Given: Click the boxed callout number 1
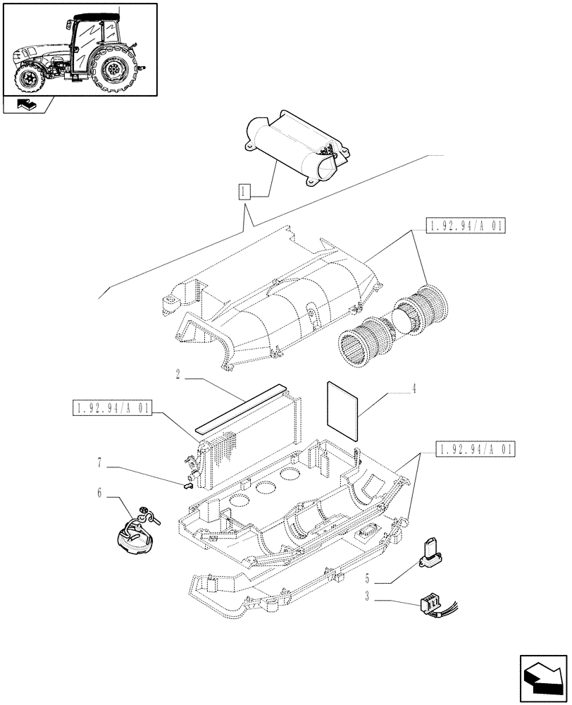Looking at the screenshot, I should click(x=244, y=191).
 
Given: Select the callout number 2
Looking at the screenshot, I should click(x=179, y=377).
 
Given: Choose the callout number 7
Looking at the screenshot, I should click(x=101, y=463).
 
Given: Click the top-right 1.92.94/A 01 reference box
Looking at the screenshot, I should click(x=465, y=226).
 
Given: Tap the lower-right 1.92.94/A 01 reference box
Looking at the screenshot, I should click(x=475, y=448).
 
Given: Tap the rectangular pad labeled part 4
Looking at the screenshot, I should click(x=342, y=410).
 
